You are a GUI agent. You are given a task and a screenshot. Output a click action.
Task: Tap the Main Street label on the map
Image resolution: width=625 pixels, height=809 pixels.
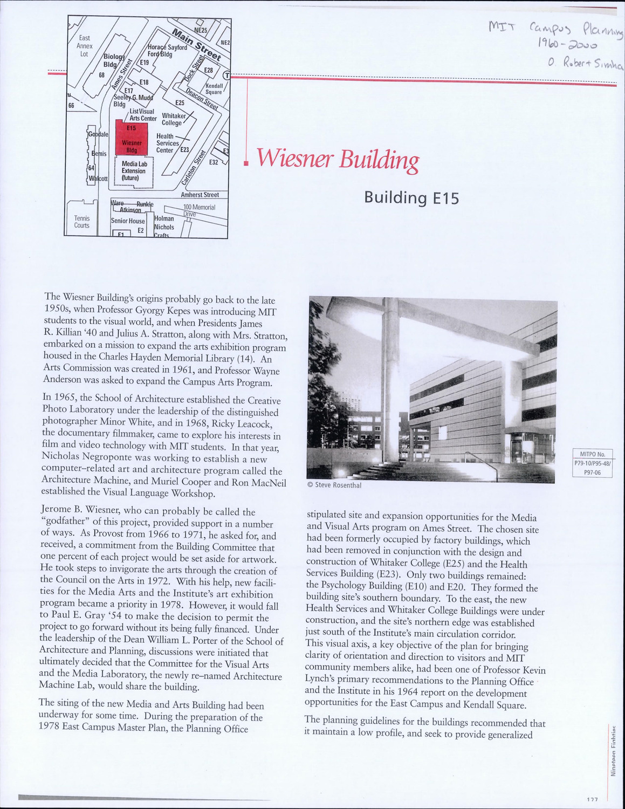click(x=196, y=45)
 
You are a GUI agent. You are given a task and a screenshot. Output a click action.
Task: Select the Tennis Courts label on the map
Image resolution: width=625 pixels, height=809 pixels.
click(x=82, y=222)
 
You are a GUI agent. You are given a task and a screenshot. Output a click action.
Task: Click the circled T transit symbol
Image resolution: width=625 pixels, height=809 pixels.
click(x=227, y=75)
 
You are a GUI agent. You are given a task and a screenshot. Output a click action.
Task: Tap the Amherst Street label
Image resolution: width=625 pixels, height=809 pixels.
click(x=200, y=195)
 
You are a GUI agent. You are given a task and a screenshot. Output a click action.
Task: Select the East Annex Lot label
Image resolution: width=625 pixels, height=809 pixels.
click(x=85, y=46)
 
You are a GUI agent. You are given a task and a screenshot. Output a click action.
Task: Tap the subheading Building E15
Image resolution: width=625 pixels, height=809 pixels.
click(x=411, y=198)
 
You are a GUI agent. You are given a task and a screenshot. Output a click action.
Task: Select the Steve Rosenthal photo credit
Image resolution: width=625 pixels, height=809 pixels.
click(x=334, y=485)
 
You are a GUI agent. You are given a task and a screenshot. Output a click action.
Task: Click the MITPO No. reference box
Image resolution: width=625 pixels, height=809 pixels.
click(x=592, y=463)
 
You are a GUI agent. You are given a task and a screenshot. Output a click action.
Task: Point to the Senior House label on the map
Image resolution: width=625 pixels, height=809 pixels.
click(x=128, y=221)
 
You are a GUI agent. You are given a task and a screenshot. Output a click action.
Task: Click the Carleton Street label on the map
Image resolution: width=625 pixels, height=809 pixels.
click(x=200, y=167)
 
